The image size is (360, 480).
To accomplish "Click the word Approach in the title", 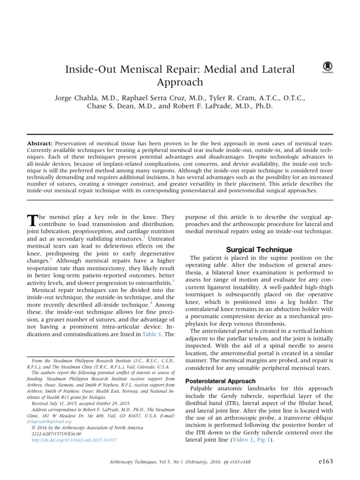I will point(180,82).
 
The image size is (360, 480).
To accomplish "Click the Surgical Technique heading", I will point(259,249).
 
